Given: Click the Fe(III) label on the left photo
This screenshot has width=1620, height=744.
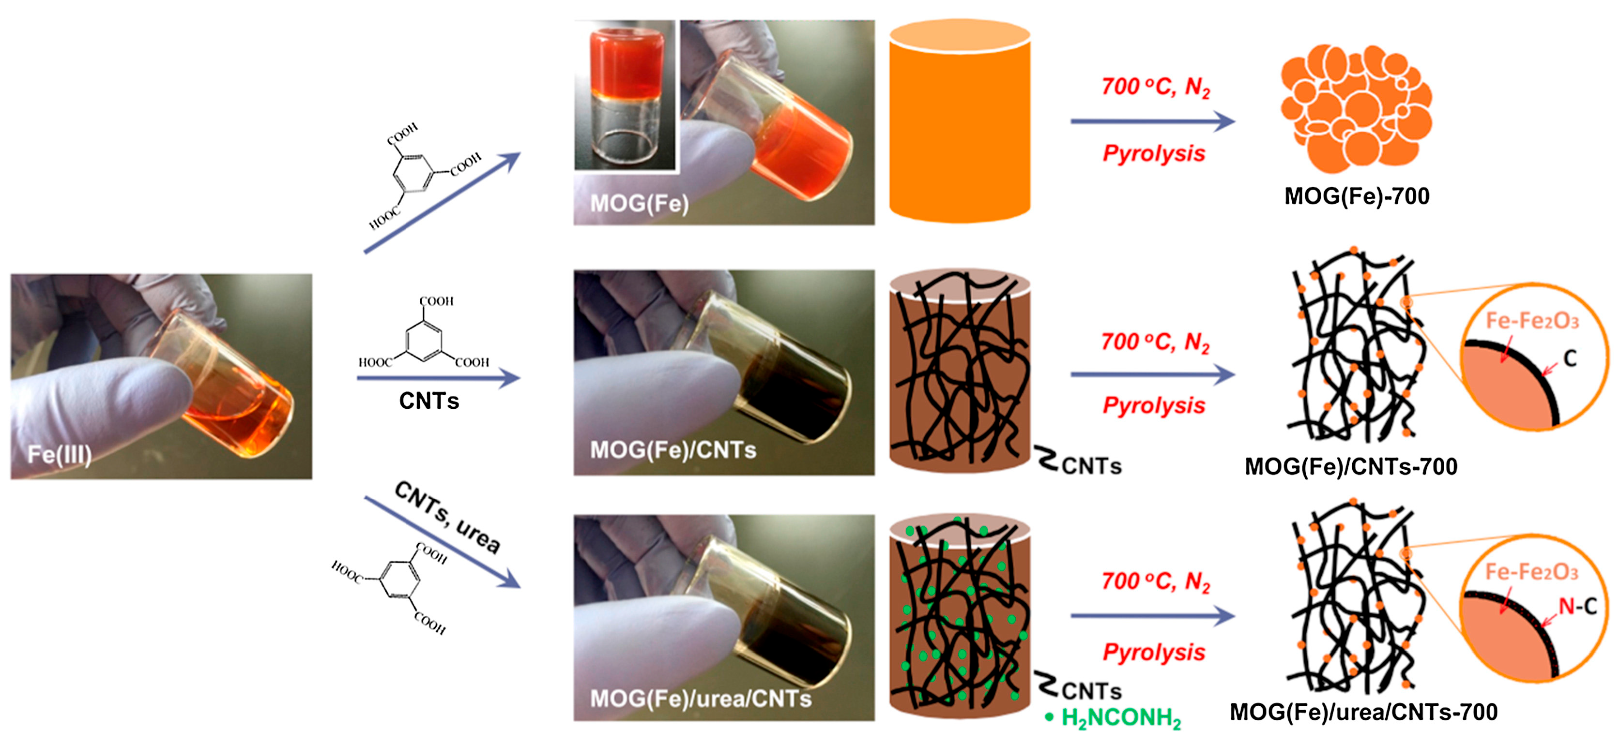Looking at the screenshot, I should pyautogui.click(x=60, y=454).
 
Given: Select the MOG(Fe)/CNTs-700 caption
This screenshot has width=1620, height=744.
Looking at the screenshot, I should pyautogui.click(x=1351, y=467).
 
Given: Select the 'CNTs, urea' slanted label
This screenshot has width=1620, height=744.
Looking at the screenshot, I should pyautogui.click(x=448, y=517).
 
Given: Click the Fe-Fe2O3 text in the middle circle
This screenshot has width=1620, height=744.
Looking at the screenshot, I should pyautogui.click(x=1532, y=321).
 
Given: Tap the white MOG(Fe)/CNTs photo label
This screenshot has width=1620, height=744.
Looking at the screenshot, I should pyautogui.click(x=673, y=450).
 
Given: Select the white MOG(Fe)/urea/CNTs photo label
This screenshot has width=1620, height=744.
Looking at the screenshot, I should pyautogui.click(x=701, y=699).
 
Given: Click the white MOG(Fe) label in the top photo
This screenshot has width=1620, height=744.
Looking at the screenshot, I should pyautogui.click(x=639, y=204).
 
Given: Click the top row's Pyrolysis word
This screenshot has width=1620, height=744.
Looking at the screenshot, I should pyautogui.click(x=1154, y=153).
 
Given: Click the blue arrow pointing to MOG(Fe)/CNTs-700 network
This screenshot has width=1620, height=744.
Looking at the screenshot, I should pyautogui.click(x=1152, y=374).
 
